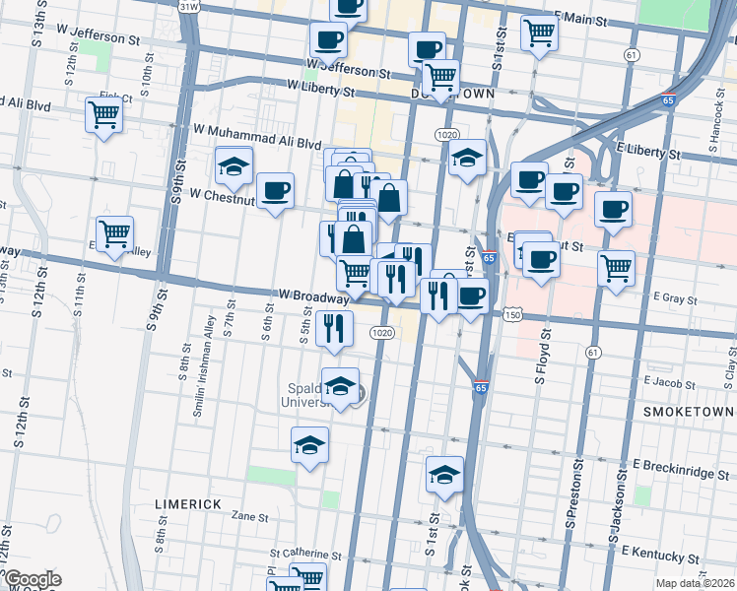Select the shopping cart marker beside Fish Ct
coord(103,115)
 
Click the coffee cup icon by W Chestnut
coord(275,191)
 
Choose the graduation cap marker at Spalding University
coord(340,388)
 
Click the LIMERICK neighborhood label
coord(187,503)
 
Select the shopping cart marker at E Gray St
coord(616,268)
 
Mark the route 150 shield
coord(510,315)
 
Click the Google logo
coord(32,580)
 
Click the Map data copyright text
coord(694,583)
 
